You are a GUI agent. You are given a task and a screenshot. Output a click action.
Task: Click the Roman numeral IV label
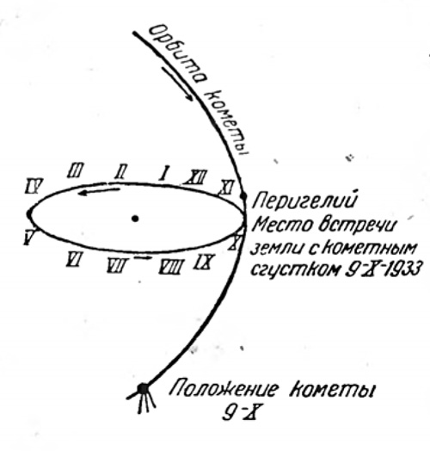click(x=34, y=186)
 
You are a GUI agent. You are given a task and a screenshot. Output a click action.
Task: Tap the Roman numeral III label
click(x=76, y=170)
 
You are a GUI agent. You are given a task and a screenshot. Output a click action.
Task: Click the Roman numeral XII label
click(x=194, y=177)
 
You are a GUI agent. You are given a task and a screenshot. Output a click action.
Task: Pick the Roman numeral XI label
click(x=227, y=187)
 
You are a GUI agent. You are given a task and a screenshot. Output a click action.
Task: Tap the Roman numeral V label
click(x=30, y=237)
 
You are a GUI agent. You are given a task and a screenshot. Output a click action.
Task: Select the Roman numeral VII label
click(x=116, y=265)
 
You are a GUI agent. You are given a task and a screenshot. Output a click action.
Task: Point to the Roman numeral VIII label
click(x=171, y=266)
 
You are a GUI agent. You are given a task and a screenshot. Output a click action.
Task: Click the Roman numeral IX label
click(x=204, y=262)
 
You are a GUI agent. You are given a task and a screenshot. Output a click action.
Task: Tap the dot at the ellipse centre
click(x=135, y=219)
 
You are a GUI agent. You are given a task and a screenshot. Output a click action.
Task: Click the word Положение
click(x=224, y=389)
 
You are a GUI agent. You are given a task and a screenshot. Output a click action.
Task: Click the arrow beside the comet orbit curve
click(x=177, y=83)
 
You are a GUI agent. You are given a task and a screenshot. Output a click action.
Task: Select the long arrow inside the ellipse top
click(x=99, y=192)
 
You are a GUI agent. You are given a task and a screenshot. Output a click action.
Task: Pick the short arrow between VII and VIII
click(x=143, y=257)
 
